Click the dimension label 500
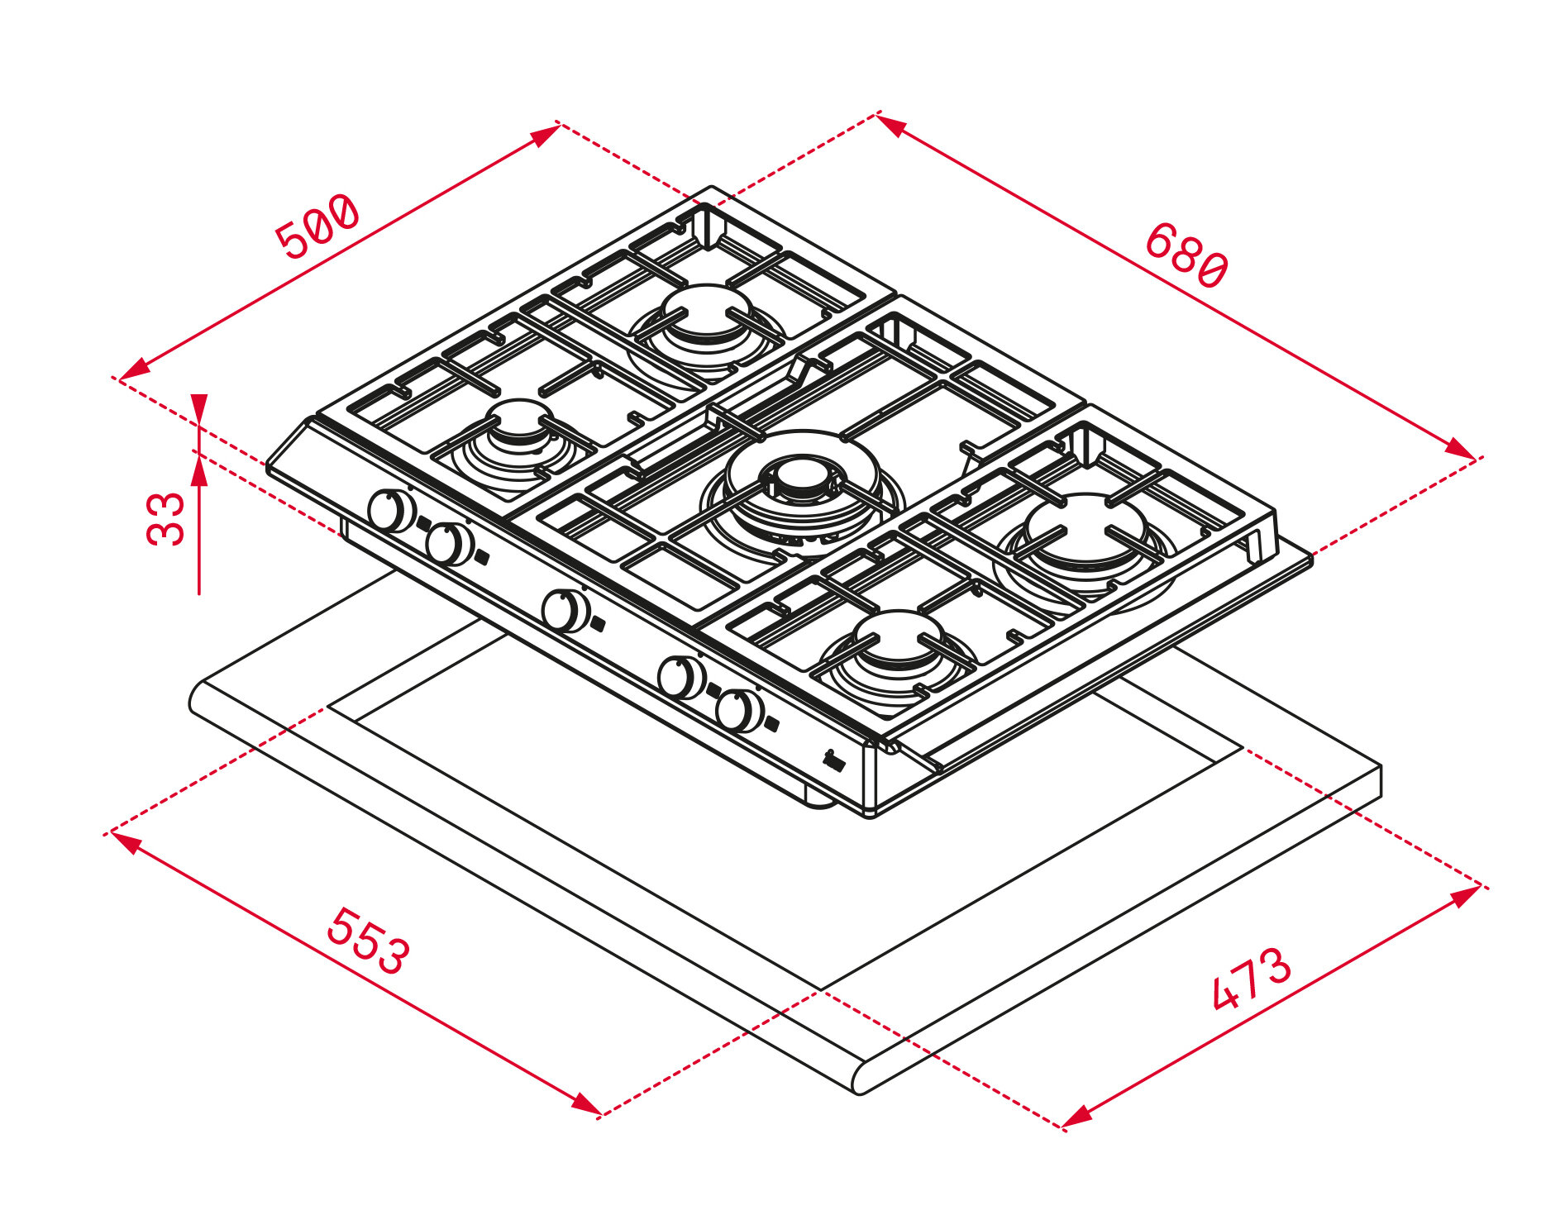pyautogui.click(x=318, y=227)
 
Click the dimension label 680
pyautogui.click(x=1186, y=255)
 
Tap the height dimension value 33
pyautogui.click(x=166, y=518)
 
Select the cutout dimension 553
pyautogui.click(x=368, y=941)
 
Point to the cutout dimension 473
pyautogui.click(x=1250, y=979)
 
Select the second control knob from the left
pyautogui.click(x=450, y=543)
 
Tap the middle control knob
pyautogui.click(x=566, y=611)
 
